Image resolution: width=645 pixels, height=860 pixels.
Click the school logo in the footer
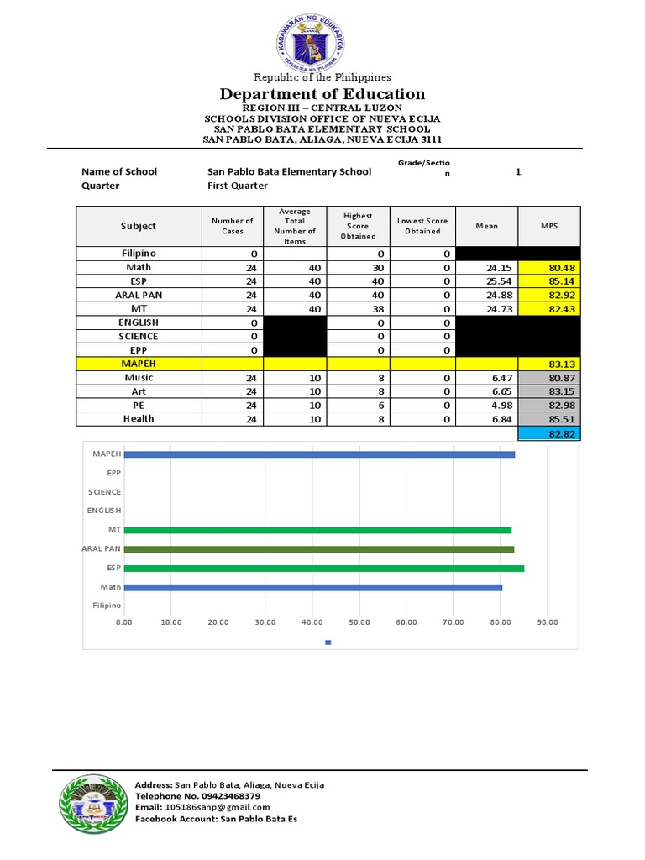click(92, 804)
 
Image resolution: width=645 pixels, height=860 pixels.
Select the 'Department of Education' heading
click(322, 94)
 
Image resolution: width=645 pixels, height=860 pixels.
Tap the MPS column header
click(548, 226)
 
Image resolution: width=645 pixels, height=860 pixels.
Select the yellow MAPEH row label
click(139, 364)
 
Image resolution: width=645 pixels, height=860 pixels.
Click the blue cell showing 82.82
click(548, 433)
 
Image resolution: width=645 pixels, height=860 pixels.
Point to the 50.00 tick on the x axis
click(359, 622)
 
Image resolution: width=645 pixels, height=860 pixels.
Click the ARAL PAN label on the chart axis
click(102, 548)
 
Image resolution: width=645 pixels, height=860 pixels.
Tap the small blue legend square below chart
click(328, 642)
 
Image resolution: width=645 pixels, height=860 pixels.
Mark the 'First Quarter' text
click(238, 186)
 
